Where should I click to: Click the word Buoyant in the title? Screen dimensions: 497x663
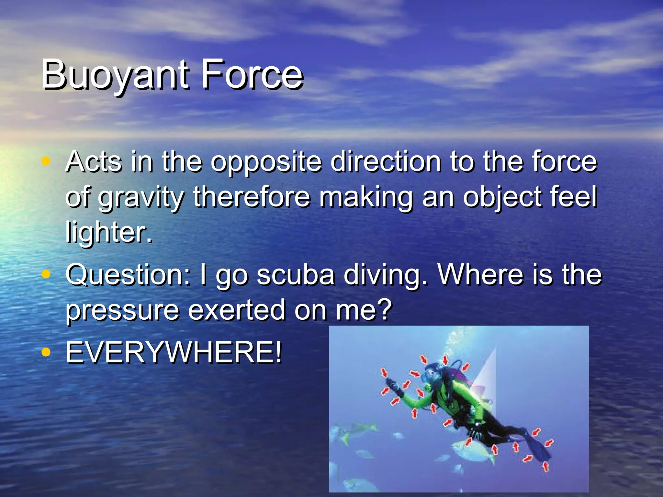[x=115, y=75]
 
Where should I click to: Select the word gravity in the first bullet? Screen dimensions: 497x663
[x=141, y=198]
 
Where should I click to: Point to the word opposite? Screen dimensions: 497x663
[x=266, y=161]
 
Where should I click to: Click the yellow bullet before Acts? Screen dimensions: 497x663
[x=46, y=160]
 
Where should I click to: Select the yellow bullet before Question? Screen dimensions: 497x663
[x=46, y=274]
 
